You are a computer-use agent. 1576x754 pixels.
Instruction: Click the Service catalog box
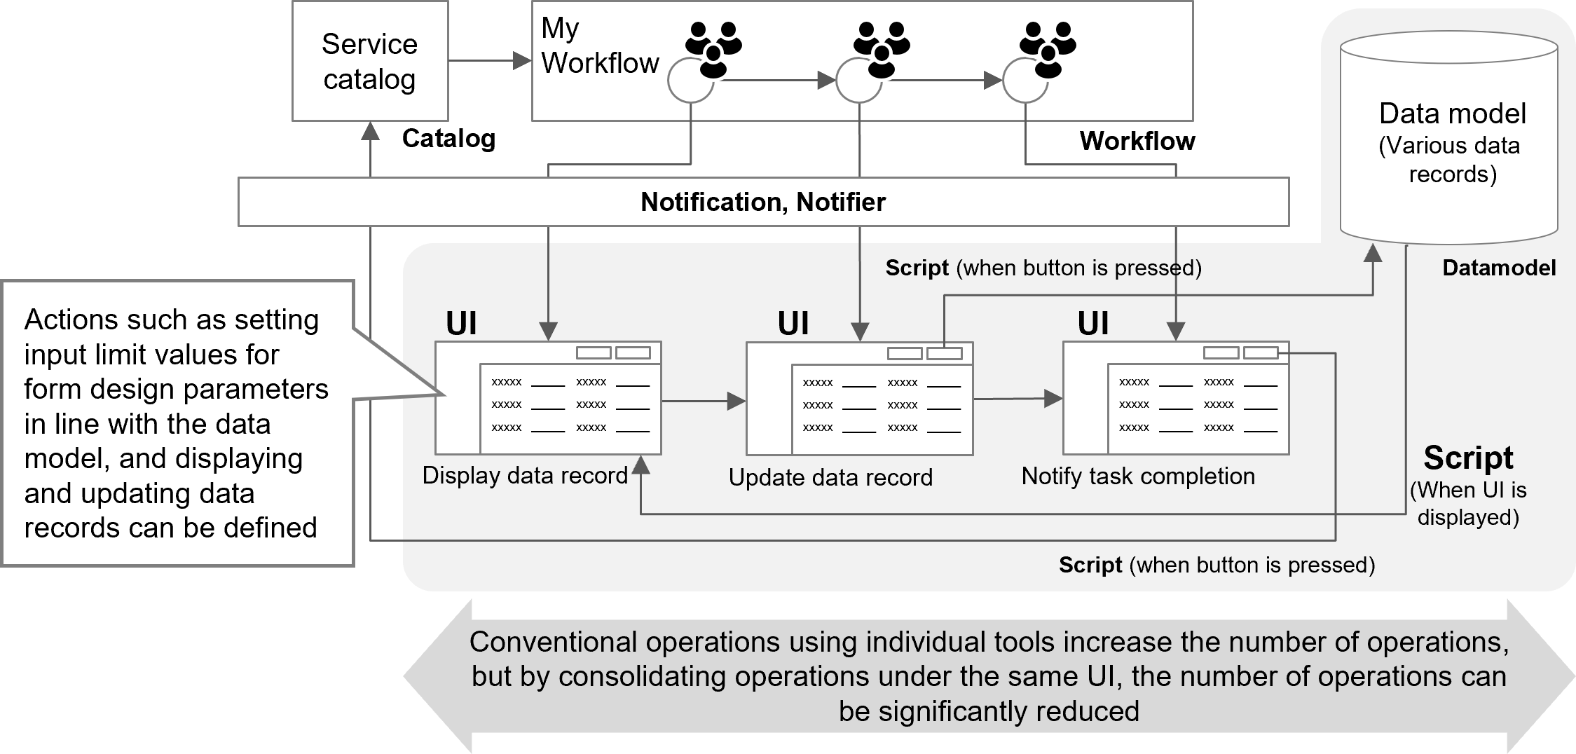[x=369, y=62]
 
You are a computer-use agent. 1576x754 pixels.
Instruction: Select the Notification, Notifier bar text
[x=762, y=202]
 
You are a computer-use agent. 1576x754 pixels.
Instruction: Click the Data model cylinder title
[x=1452, y=114]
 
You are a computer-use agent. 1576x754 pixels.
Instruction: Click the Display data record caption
[x=525, y=476]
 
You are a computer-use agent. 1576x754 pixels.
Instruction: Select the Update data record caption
[x=830, y=477]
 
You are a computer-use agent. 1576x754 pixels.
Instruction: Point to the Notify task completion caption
[x=1138, y=477]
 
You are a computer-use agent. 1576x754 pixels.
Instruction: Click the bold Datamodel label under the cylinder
[x=1499, y=268]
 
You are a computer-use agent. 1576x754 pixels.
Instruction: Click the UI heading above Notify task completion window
[x=1093, y=324]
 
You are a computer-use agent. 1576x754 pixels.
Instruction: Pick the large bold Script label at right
[x=1468, y=458]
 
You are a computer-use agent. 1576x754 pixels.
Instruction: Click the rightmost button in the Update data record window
[x=944, y=353]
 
